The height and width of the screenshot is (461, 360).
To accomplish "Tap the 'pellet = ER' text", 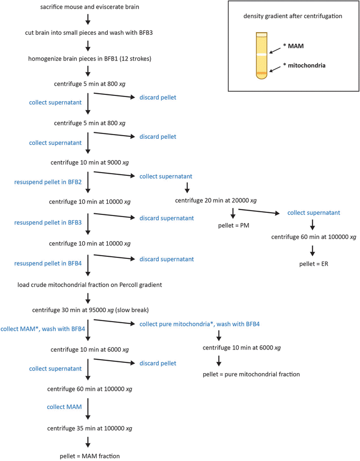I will pos(314,264).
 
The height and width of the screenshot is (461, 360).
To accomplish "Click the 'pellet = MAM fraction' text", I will pos(90,455).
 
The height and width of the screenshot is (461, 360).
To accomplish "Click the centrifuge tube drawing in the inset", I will pos(261,56).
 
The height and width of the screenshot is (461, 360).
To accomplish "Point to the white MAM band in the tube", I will pos(261,54).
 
